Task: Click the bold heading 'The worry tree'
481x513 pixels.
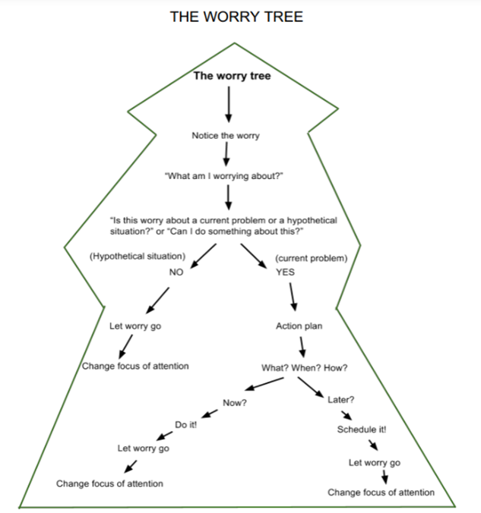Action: pyautogui.click(x=232, y=76)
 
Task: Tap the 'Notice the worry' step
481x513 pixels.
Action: pyautogui.click(x=226, y=136)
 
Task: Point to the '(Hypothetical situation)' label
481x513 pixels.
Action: pyautogui.click(x=138, y=256)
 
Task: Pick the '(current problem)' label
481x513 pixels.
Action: pyautogui.click(x=311, y=258)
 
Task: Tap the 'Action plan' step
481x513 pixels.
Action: pyautogui.click(x=299, y=326)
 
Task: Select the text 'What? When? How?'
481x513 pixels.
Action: pyautogui.click(x=305, y=368)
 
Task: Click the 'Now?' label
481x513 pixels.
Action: pyautogui.click(x=235, y=402)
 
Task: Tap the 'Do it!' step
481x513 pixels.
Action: pyautogui.click(x=186, y=424)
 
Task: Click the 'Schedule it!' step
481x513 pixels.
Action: pyautogui.click(x=362, y=430)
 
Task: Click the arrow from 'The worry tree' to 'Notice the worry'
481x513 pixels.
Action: pyautogui.click(x=228, y=104)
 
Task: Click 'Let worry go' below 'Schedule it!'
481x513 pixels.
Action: pyautogui.click(x=375, y=462)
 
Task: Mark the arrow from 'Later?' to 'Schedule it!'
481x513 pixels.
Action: pyautogui.click(x=347, y=414)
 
